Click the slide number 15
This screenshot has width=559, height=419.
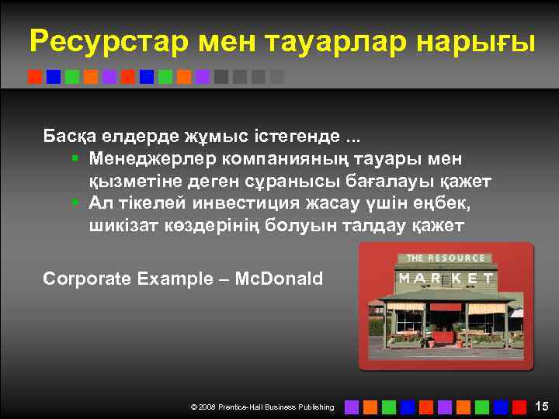pos(542,406)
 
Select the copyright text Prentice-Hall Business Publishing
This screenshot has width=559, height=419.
pos(276,407)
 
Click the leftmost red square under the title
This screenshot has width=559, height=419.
pos(35,77)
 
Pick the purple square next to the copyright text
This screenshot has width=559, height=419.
pos(352,406)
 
